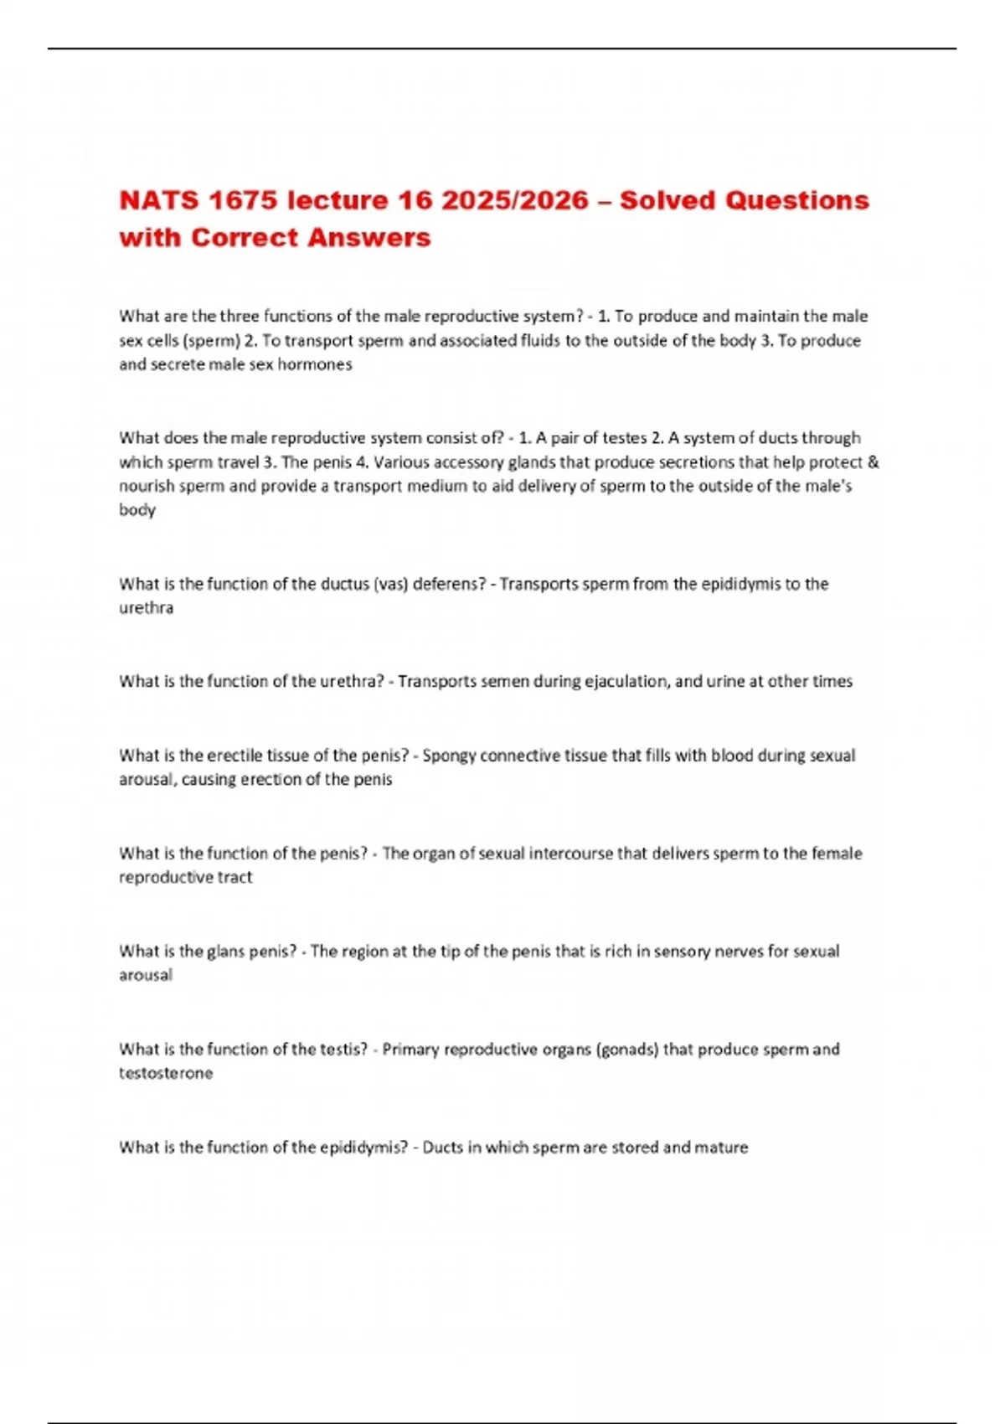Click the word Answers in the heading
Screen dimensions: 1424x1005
[x=369, y=238]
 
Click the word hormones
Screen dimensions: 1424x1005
[x=317, y=365]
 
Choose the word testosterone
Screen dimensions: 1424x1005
[x=166, y=1074]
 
